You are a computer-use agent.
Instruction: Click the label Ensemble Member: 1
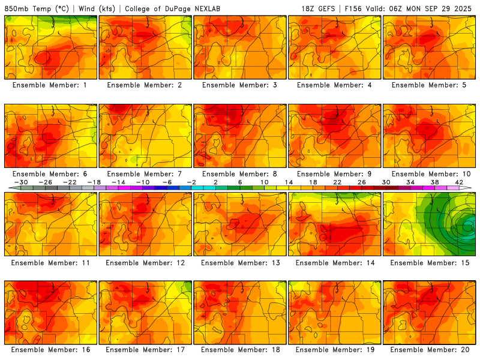pos(50,85)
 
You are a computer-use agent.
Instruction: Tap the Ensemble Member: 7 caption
pos(145,174)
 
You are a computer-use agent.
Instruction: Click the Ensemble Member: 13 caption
pos(239,263)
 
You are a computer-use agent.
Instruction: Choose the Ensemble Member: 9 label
pos(334,174)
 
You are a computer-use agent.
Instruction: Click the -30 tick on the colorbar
pos(21,182)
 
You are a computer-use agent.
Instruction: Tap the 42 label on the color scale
pos(459,182)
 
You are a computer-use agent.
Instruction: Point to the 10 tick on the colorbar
pos(264,182)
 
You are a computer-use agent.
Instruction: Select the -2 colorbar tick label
pos(191,182)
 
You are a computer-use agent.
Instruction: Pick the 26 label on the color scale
pos(361,182)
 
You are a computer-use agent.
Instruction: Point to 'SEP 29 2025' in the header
pos(449,8)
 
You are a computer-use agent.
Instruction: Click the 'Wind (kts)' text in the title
pos(96,8)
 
